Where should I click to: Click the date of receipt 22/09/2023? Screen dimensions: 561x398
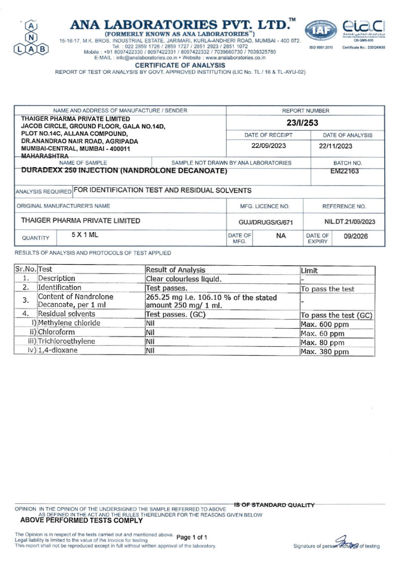point(268,146)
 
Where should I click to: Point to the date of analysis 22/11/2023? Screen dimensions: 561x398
point(336,146)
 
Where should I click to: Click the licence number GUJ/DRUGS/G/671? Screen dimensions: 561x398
point(265,221)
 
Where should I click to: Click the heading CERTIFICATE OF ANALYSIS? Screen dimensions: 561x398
point(180,65)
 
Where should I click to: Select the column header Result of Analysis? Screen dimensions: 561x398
point(176,270)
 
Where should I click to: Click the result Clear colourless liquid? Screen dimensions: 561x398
point(183,279)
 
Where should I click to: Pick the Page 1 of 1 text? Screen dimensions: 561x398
point(192,537)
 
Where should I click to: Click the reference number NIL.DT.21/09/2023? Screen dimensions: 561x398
point(349,221)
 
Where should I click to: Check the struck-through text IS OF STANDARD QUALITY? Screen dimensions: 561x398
point(274,505)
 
